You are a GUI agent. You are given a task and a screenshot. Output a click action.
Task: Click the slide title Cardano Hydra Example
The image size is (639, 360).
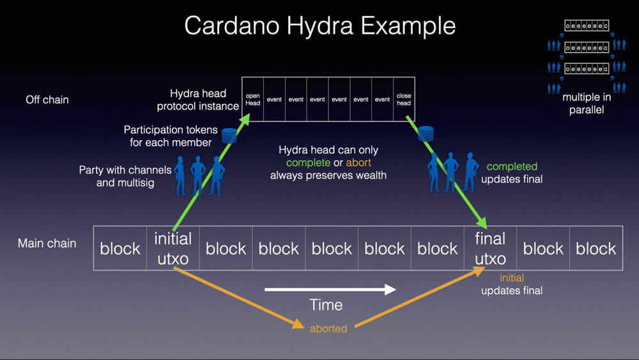(x=319, y=26)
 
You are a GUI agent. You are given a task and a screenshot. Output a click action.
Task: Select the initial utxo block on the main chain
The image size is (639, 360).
(x=173, y=248)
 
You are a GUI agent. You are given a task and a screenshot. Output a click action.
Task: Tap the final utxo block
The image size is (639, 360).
(x=490, y=248)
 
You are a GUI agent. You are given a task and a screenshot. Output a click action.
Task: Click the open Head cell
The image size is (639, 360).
(x=253, y=99)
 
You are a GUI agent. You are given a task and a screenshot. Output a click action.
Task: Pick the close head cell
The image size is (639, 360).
(x=404, y=99)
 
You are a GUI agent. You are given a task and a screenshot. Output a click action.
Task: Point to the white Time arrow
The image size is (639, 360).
(x=330, y=290)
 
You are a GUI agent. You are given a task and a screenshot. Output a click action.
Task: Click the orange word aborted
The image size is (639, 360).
(x=328, y=329)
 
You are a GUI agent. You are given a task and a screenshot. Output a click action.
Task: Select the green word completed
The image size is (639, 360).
(x=512, y=166)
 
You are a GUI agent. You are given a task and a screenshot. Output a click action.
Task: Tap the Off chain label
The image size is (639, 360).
(x=47, y=100)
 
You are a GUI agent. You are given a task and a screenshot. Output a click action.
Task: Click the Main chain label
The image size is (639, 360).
(x=47, y=243)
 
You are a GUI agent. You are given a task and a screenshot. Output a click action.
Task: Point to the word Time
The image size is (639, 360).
(x=326, y=305)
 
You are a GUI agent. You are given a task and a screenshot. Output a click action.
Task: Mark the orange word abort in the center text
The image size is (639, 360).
(x=358, y=162)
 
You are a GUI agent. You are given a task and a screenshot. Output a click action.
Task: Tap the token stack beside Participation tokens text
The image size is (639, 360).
(x=229, y=135)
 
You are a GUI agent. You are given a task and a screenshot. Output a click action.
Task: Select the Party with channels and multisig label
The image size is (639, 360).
(x=125, y=176)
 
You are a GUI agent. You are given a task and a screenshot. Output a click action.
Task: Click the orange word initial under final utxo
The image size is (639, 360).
(x=512, y=278)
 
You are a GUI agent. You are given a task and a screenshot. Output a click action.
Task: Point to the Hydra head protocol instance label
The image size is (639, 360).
(x=198, y=100)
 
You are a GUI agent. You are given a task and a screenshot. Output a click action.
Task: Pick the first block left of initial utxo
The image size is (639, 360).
(x=120, y=248)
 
